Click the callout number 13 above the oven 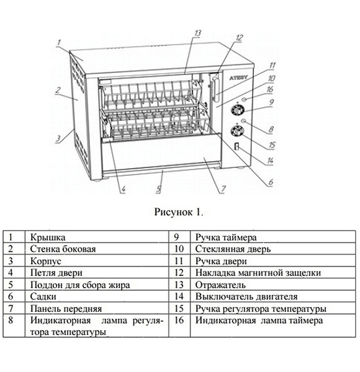(197, 33)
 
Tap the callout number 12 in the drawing (240, 37)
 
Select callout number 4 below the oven (124, 189)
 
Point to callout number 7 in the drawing (223, 189)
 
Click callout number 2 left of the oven (58, 90)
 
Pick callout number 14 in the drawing (270, 161)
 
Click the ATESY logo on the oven (238, 77)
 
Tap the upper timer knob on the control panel (238, 110)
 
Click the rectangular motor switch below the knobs (236, 146)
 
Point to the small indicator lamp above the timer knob (244, 99)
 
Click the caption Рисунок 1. (179, 212)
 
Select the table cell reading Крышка (48, 237)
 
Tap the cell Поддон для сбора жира (80, 285)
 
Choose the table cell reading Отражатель (220, 285)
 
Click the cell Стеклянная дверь (233, 249)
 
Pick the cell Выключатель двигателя (246, 296)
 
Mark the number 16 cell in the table (179, 320)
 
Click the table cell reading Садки (43, 296)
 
